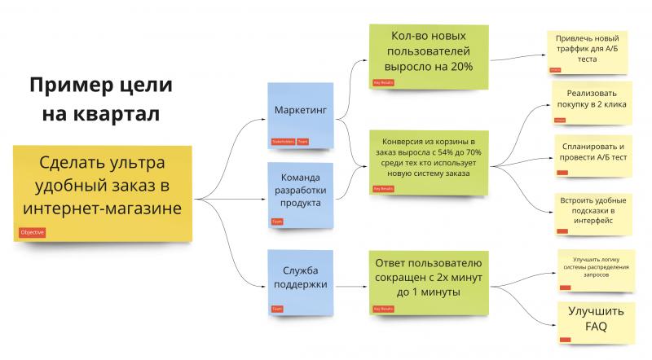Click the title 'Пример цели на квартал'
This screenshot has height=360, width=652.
point(102,99)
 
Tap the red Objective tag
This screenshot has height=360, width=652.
point(33,232)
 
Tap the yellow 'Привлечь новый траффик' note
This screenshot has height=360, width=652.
point(587,49)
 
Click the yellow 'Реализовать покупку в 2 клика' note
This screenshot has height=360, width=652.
point(592,102)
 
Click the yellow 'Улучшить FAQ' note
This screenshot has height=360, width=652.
point(596,319)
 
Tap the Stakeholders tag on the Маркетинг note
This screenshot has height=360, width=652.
point(283,141)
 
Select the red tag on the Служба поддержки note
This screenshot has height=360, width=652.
point(278,309)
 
